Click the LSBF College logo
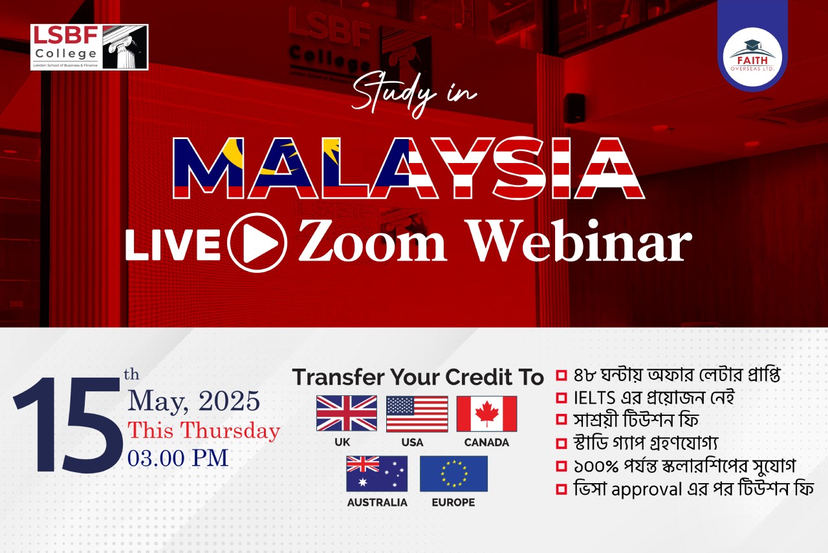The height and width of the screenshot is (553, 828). click(89, 47)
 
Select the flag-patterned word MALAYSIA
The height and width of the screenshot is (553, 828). click(409, 168)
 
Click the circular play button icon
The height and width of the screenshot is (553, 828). click(257, 243)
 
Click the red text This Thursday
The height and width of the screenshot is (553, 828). click(204, 430)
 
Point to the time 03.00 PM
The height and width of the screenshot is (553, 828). click(178, 458)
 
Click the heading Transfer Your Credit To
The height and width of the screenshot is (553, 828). click(418, 377)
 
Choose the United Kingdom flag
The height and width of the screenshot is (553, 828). click(347, 413)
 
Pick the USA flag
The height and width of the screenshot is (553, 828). click(417, 413)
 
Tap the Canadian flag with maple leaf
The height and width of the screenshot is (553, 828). click(486, 413)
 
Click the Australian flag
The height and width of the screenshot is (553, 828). click(376, 473)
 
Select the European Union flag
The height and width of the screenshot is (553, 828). click(453, 473)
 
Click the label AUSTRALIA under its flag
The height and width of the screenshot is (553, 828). click(377, 503)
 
